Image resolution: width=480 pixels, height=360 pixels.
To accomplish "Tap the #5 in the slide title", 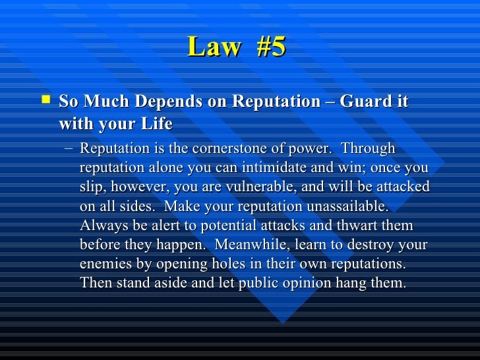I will tap(268, 48).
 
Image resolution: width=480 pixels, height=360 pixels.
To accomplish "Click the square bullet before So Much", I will tap(45, 101).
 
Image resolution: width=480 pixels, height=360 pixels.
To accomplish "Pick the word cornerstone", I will tap(235, 148).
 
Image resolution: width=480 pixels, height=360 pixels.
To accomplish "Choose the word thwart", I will tap(357, 226).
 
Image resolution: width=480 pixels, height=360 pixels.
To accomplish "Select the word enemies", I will tap(105, 264).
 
